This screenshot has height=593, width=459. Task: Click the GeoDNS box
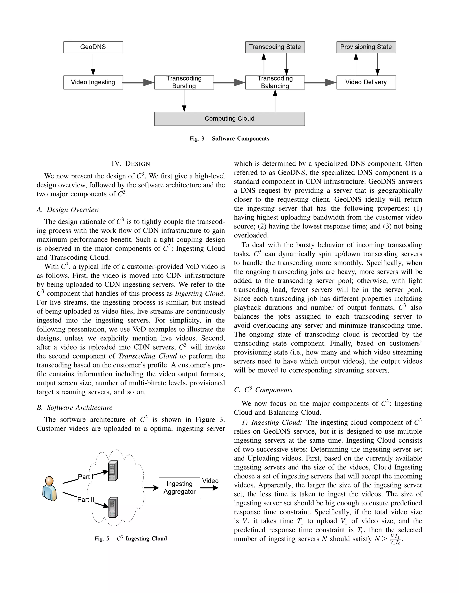click(93, 47)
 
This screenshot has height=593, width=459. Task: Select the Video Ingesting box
click(93, 82)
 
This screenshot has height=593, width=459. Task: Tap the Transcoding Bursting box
click(184, 82)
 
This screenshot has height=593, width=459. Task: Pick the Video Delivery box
click(366, 82)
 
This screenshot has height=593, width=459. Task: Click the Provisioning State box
click(366, 47)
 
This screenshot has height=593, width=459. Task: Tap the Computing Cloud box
click(229, 119)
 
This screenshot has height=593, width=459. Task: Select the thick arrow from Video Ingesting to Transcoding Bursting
click(138, 82)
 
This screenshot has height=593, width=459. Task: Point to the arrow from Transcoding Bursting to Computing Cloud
click(184, 100)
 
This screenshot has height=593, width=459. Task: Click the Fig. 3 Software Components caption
click(229, 139)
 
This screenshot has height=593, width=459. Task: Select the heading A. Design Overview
click(68, 210)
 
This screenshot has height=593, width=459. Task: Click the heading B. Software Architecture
click(74, 407)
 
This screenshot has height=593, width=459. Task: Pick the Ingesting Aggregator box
click(180, 488)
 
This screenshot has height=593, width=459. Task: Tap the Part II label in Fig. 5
click(86, 500)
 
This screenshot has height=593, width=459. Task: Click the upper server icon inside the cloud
click(113, 471)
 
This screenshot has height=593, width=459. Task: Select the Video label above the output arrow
click(210, 481)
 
